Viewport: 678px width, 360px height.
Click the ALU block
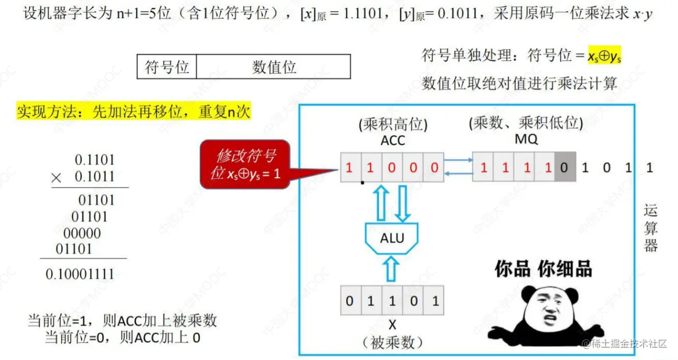coord(392,238)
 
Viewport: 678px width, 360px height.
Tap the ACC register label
coord(393,141)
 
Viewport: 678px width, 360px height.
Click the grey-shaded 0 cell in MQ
coord(564,168)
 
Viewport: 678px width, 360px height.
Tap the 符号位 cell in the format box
coord(166,67)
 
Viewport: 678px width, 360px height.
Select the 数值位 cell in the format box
coord(274,67)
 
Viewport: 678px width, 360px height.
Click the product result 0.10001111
coord(80,274)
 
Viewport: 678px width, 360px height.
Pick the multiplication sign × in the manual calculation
coord(57,178)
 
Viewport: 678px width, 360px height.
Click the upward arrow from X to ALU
coord(391,269)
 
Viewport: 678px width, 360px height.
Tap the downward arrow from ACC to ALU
coord(403,203)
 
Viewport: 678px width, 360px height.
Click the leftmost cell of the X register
coord(350,301)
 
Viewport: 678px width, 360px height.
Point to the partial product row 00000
coord(82,233)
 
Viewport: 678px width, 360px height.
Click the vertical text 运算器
coord(651,228)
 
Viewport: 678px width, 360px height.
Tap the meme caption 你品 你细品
coord(543,269)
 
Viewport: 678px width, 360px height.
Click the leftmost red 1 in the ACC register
coord(350,168)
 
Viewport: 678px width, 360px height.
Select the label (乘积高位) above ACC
coord(393,124)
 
